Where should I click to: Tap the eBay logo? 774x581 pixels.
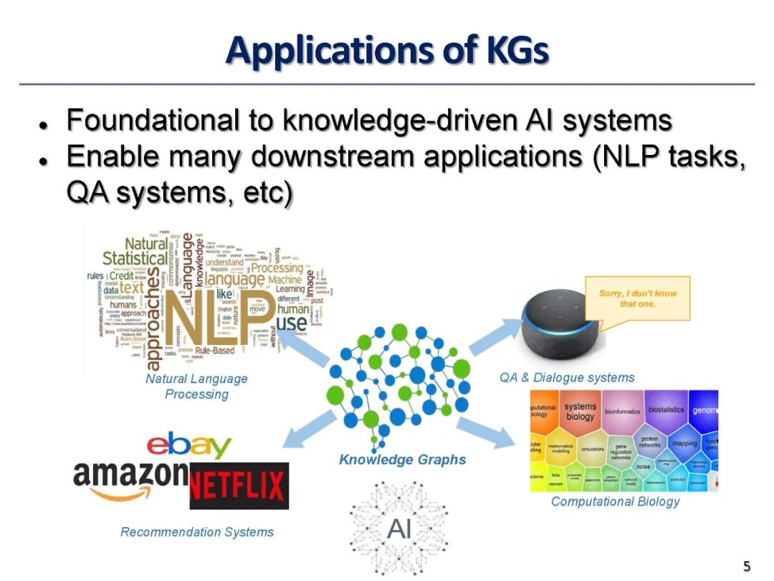click(189, 445)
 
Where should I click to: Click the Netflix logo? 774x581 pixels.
click(239, 486)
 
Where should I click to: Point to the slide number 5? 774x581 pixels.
click(747, 567)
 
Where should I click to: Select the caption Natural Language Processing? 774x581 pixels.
click(196, 386)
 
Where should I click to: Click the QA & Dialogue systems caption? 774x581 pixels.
click(567, 377)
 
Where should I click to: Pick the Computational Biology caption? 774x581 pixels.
click(615, 501)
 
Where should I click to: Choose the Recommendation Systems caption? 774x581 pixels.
click(197, 532)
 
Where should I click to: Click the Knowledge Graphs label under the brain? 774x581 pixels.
click(402, 460)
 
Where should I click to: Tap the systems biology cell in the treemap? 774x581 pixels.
click(580, 412)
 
